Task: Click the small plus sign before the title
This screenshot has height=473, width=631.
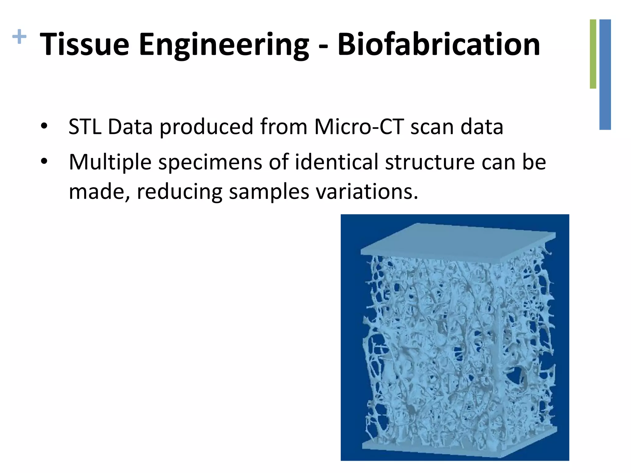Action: [x=19, y=37]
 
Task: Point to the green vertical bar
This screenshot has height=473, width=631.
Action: [x=593, y=54]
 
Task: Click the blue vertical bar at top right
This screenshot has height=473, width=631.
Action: [x=605, y=74]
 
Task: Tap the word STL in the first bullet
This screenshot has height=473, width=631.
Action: [x=85, y=127]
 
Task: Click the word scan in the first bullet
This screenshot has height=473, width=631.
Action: [x=432, y=127]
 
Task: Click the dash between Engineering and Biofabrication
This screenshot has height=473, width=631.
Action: [x=323, y=46]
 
